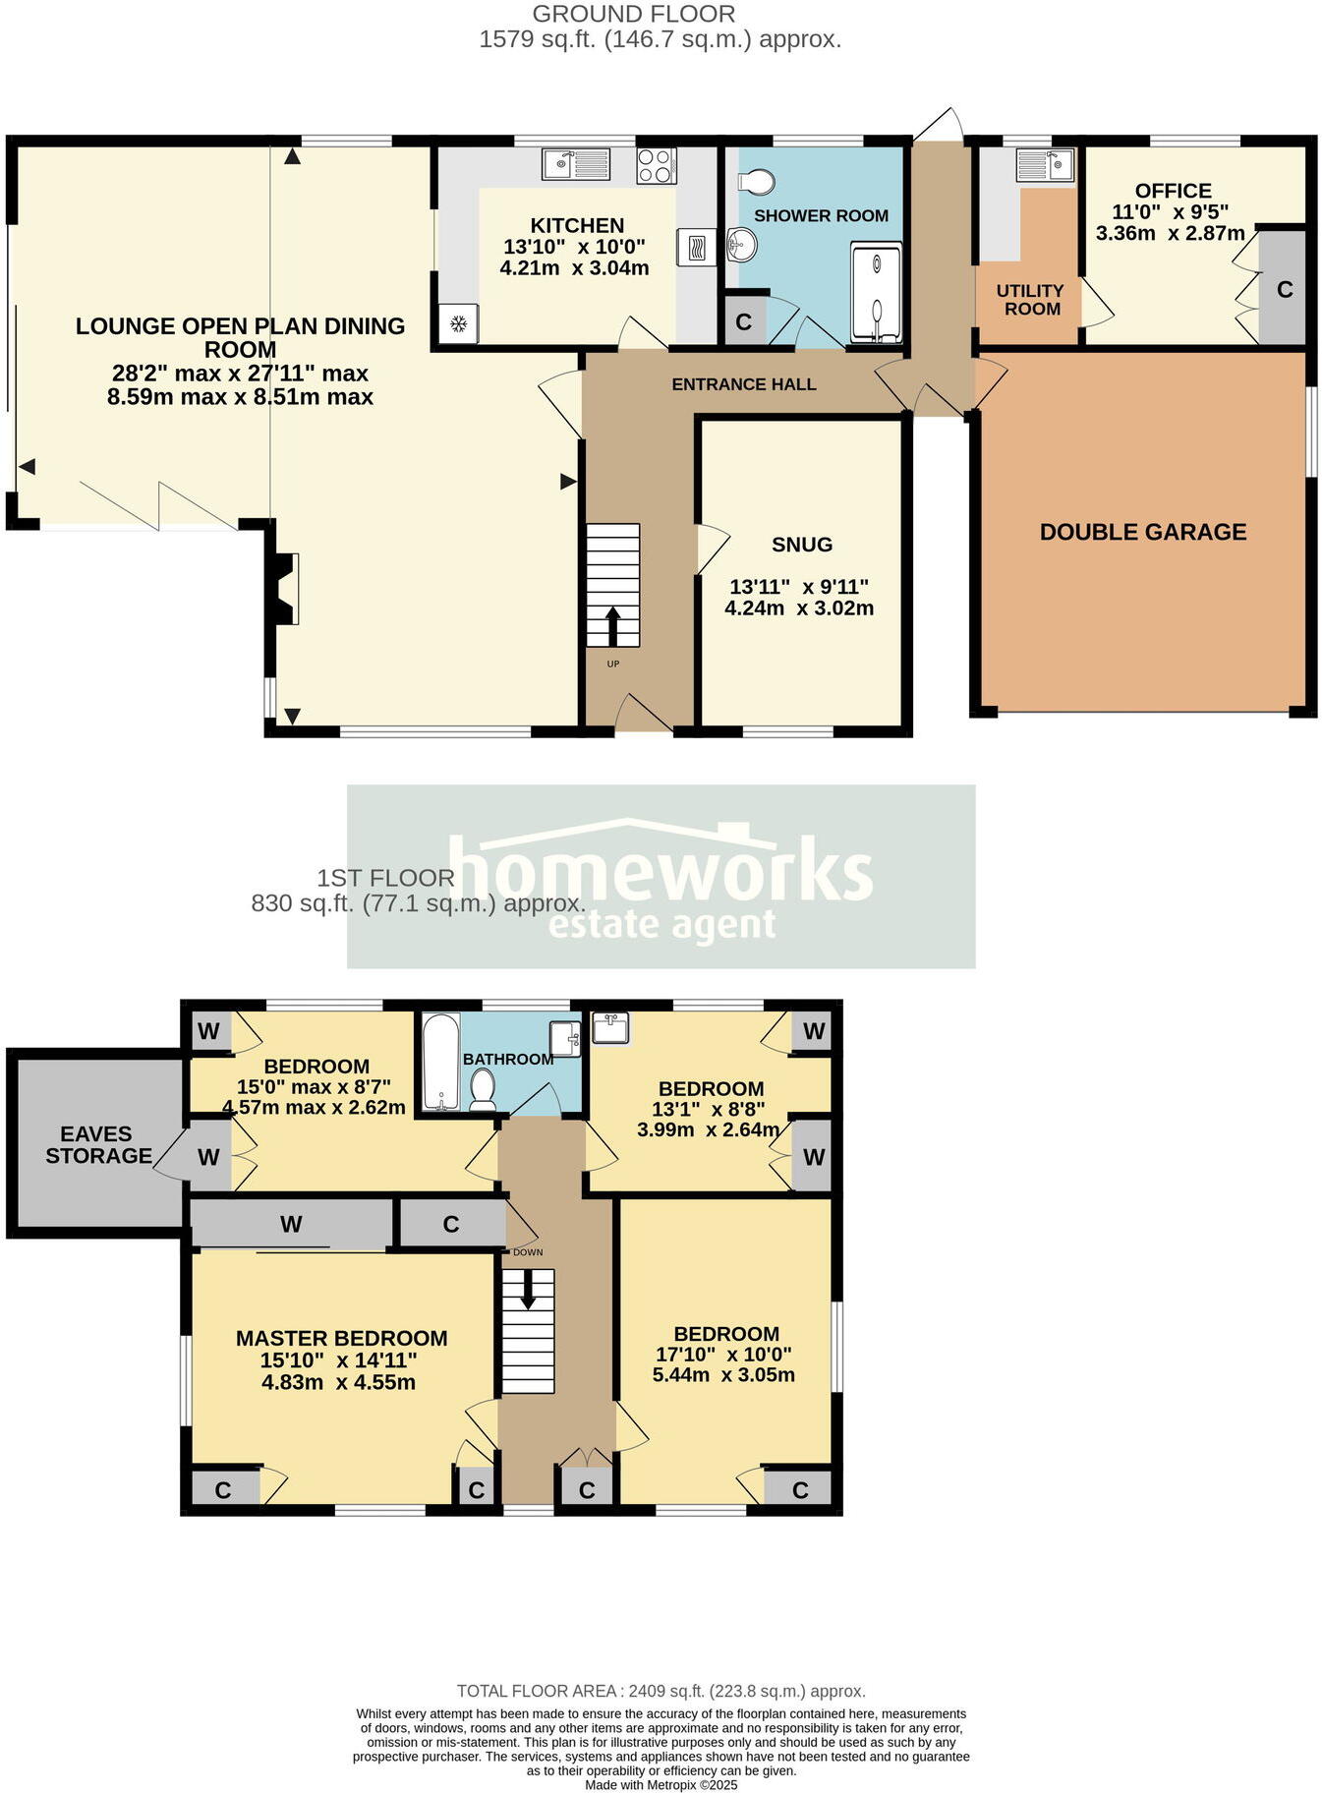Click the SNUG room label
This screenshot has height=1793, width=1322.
click(x=801, y=545)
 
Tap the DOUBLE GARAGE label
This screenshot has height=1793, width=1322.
click(x=1142, y=532)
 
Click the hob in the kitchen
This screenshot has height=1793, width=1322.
click(x=656, y=165)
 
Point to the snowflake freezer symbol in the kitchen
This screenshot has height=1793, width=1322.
click(x=458, y=322)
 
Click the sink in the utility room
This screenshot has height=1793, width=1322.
click(x=1045, y=164)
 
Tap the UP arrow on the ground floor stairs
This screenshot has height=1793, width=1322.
click(x=613, y=625)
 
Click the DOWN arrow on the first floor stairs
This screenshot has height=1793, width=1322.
click(x=528, y=1289)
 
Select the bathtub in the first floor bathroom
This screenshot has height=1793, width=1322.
click(x=440, y=1062)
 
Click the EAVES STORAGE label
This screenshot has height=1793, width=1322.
click(x=97, y=1145)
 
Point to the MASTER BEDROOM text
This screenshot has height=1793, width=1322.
click(x=341, y=1338)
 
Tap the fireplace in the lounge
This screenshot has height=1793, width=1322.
click(x=284, y=588)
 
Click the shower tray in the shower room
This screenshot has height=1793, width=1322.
click(x=876, y=293)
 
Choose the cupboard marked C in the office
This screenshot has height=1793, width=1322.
click(x=1284, y=289)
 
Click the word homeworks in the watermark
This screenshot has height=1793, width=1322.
click(x=661, y=869)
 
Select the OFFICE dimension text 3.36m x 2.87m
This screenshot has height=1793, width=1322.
click(x=1170, y=233)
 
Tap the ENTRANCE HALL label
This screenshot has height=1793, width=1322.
click(x=744, y=384)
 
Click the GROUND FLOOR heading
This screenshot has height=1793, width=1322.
click(x=633, y=14)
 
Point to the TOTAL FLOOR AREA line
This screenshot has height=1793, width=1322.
click(x=661, y=1691)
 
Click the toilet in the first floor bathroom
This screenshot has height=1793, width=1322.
click(x=483, y=1089)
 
